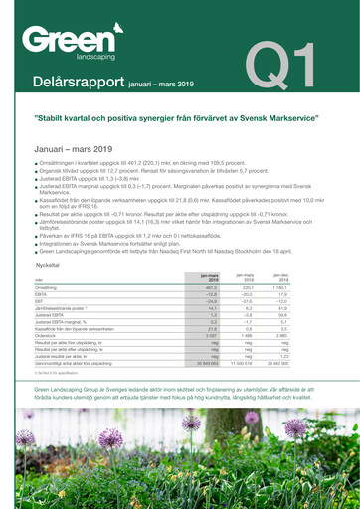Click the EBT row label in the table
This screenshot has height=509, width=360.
click(40, 300)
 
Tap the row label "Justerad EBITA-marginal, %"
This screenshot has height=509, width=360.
click(61, 322)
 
